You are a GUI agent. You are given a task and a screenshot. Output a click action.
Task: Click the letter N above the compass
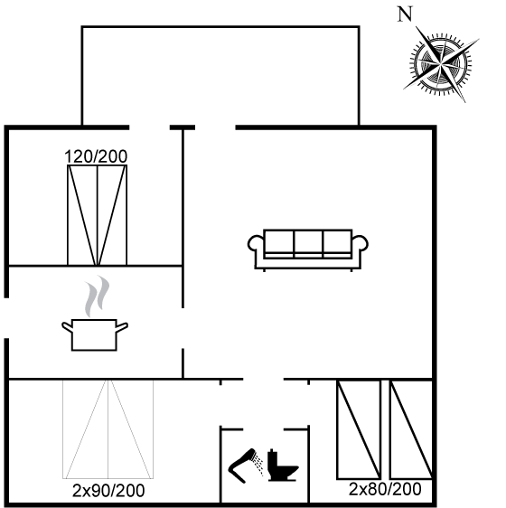point(405,14)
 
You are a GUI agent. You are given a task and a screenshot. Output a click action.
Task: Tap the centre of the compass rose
point(441,63)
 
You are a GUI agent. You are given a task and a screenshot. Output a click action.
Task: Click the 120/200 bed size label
point(96,156)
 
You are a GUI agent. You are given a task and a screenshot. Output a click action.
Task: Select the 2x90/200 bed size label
point(108,491)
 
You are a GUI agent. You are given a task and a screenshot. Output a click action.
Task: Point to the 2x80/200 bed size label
point(385,489)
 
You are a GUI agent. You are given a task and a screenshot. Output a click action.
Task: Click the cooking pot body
point(94,335)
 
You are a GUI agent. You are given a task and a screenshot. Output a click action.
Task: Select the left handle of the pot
point(67,327)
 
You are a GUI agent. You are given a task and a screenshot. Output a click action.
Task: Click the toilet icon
point(282,466)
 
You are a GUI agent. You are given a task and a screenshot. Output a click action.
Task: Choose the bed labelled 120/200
point(98,215)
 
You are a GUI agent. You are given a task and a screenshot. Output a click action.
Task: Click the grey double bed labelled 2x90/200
point(108,429)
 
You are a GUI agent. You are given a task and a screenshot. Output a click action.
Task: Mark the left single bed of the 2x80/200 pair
point(359,429)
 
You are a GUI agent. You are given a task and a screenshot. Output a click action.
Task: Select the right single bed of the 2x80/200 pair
point(411,429)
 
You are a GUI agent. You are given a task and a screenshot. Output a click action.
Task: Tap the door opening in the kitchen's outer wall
point(6,318)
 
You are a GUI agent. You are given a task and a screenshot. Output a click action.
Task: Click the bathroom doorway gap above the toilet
point(263,429)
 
